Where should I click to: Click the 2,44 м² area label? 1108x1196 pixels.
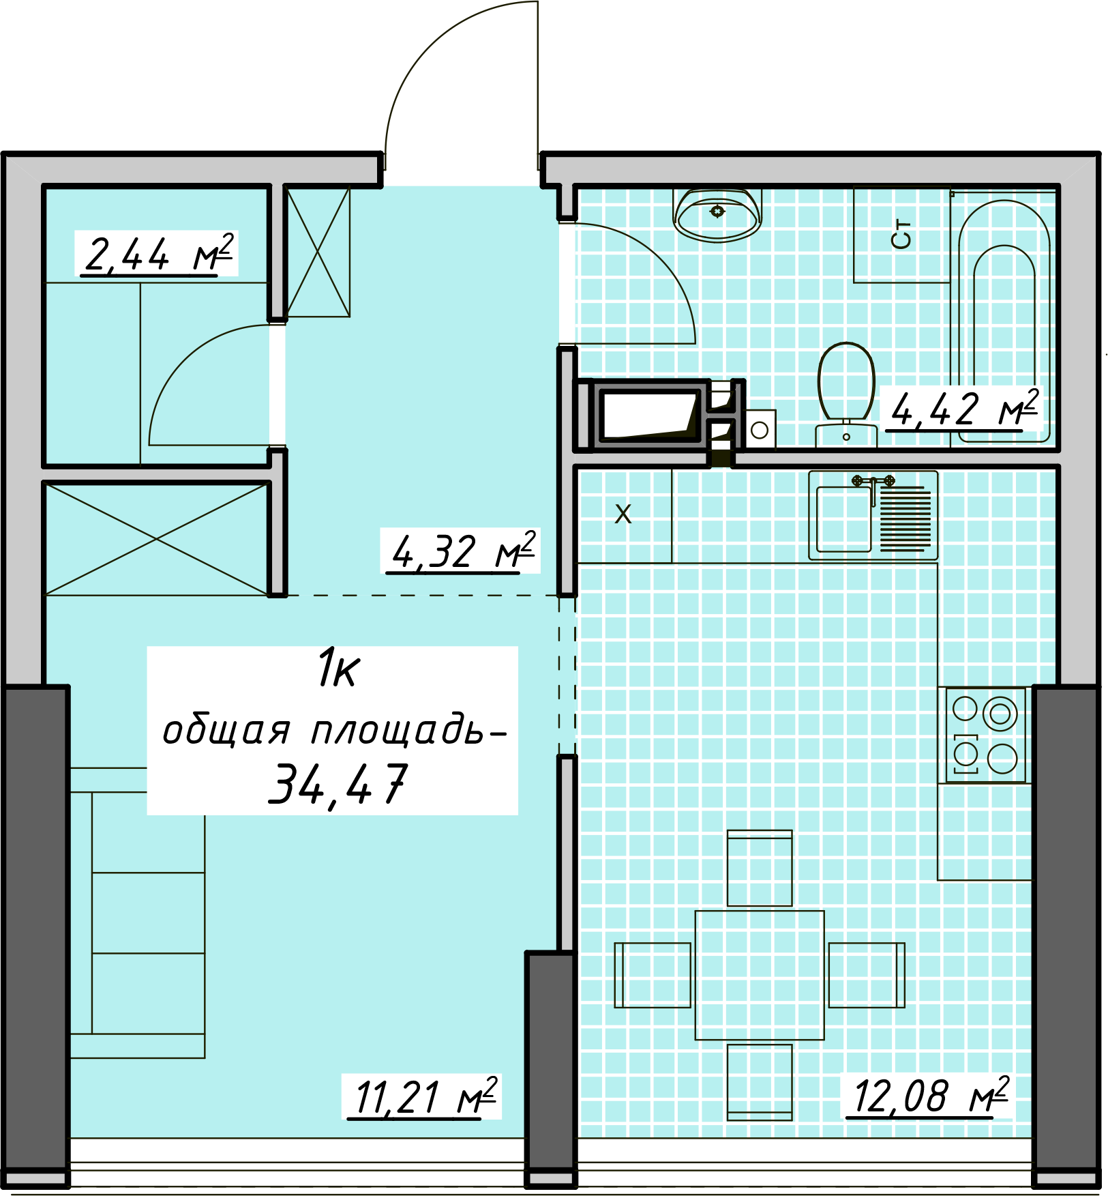(158, 254)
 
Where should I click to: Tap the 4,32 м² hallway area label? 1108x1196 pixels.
(462, 551)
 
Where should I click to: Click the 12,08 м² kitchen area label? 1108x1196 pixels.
(929, 1096)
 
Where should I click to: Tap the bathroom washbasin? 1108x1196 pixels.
(717, 214)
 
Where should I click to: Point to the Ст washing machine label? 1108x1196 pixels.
(901, 235)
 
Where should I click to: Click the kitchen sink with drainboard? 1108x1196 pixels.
(873, 515)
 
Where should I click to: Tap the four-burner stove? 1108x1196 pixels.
(985, 735)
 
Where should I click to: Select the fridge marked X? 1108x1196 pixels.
(625, 515)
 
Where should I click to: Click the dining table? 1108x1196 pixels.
(760, 975)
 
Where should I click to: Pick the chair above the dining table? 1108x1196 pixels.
(760, 868)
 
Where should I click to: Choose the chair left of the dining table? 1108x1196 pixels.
(653, 975)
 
